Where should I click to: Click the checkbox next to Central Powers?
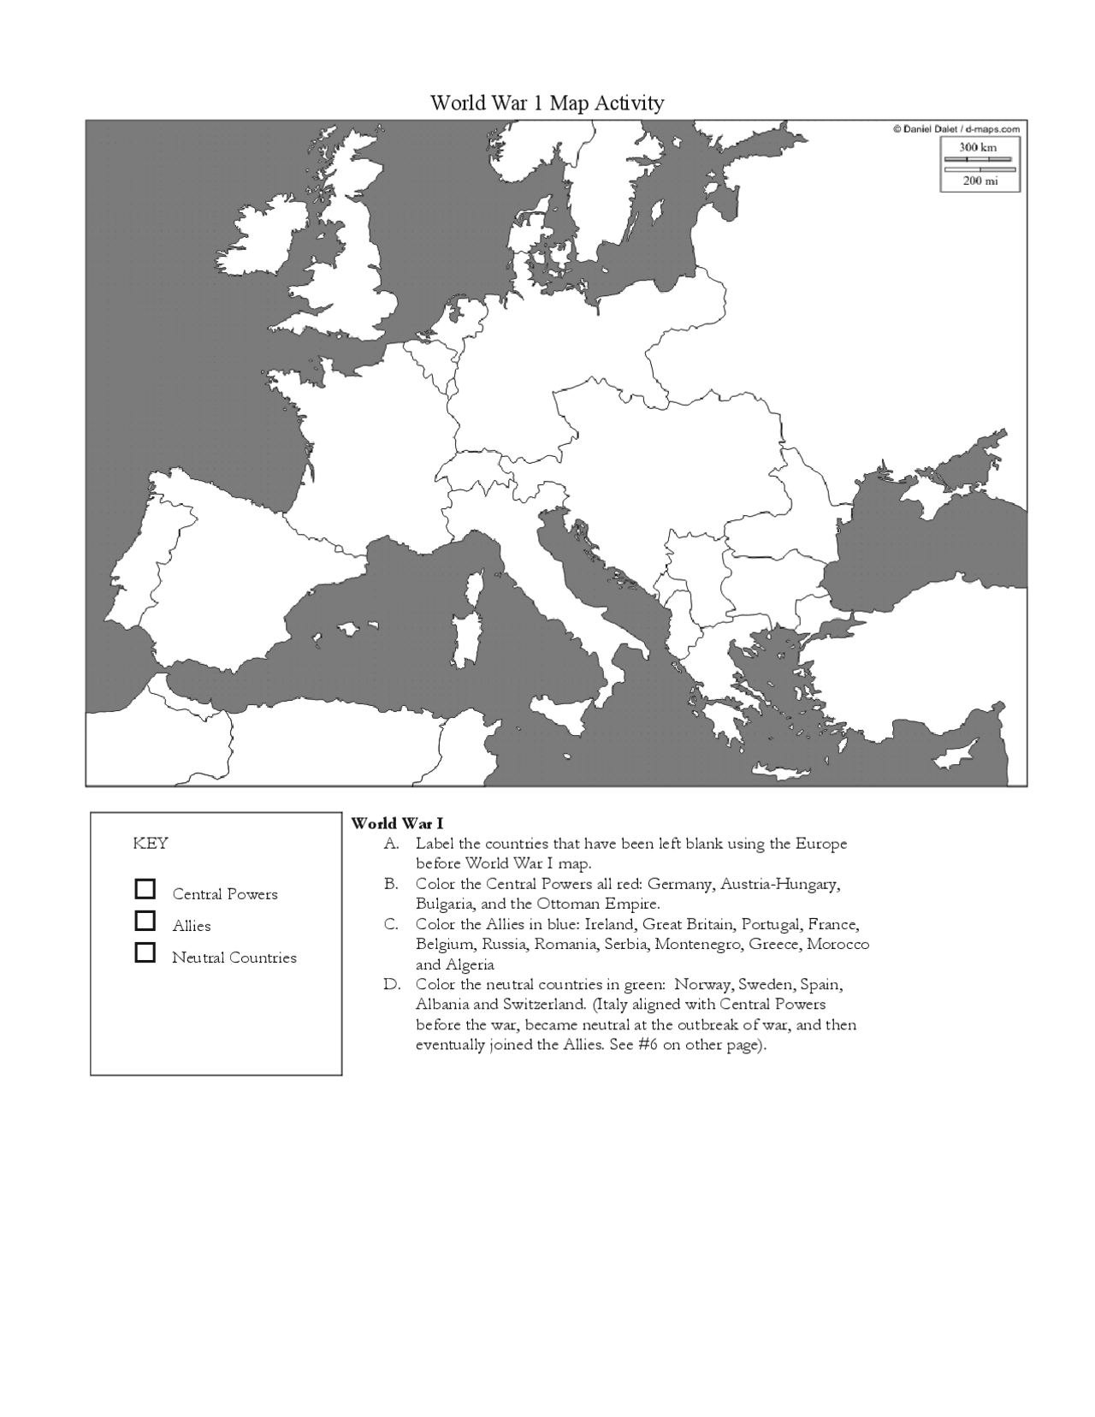(145, 889)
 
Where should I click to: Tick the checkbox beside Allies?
(145, 921)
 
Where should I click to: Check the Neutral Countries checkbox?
(145, 952)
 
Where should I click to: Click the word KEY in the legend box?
(151, 844)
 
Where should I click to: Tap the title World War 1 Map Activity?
(547, 104)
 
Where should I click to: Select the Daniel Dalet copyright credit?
(956, 129)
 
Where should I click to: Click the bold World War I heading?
(397, 824)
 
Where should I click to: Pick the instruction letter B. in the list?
(391, 884)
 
